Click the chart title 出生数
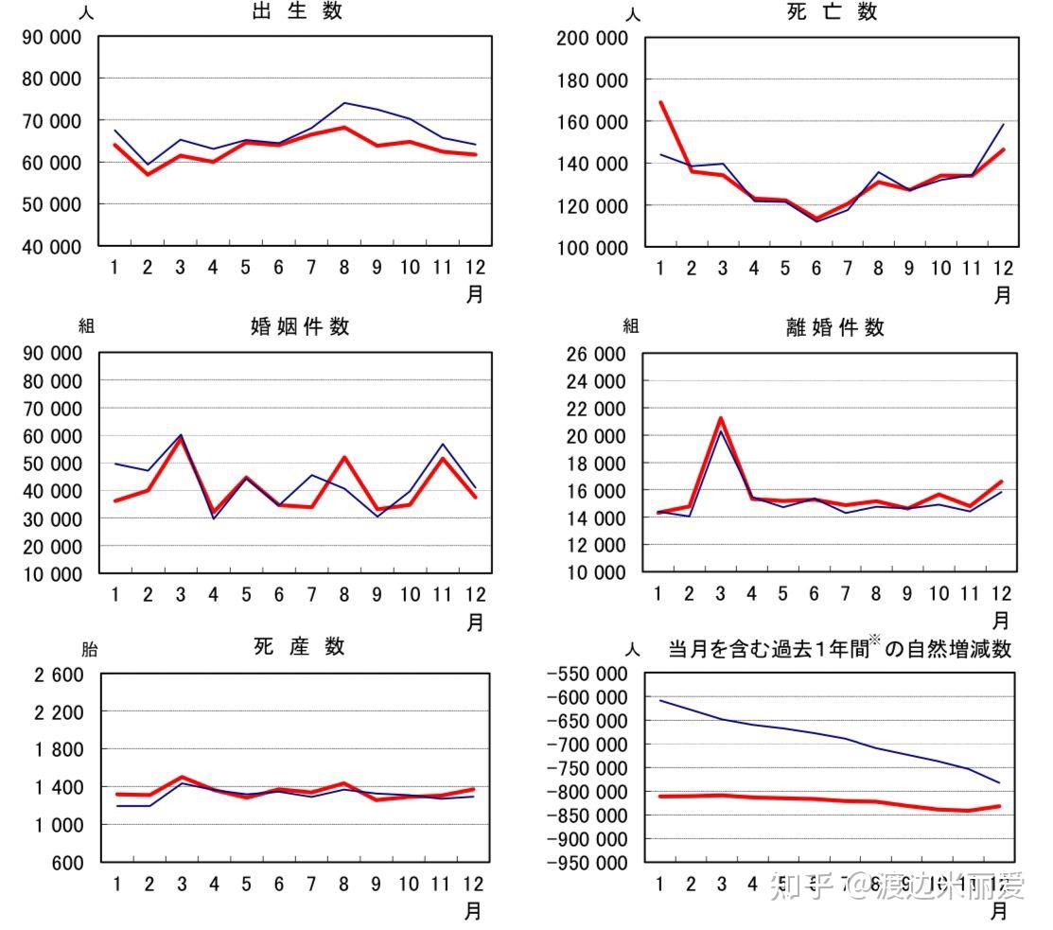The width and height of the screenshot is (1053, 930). click(297, 12)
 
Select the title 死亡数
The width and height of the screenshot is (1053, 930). click(832, 12)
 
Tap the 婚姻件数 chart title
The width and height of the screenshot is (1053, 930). click(300, 326)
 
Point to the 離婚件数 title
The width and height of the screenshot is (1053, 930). click(835, 327)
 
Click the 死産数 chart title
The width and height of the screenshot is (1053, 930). click(299, 647)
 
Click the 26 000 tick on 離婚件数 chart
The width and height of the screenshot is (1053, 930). click(598, 355)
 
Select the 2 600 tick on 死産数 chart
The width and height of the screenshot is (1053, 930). click(59, 676)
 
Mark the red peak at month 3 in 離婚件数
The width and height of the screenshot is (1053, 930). click(721, 418)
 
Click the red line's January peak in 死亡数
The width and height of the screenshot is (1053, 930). click(660, 102)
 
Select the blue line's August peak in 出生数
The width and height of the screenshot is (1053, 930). click(345, 103)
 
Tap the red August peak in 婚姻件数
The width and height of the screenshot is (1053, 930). click(345, 458)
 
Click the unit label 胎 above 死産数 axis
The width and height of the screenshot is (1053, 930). click(88, 650)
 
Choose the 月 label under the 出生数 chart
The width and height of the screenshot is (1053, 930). click(475, 294)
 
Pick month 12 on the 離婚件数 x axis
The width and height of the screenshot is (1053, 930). click(1001, 594)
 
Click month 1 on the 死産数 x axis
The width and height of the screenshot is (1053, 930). click(116, 884)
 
